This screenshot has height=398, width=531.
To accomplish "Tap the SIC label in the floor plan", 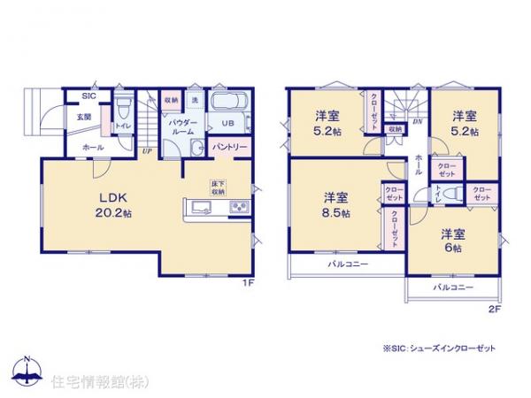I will [89, 96].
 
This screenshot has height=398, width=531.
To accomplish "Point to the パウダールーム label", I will [182, 127].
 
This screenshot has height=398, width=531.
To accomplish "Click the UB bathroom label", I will [227, 123].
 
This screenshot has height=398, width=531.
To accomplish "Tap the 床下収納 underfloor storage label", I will [217, 187].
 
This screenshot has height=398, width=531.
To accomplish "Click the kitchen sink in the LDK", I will [197, 209].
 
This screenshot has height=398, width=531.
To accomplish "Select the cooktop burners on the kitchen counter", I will [239, 209].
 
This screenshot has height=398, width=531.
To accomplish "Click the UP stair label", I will [147, 151].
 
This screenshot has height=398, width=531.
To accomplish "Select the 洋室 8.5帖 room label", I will [335, 206].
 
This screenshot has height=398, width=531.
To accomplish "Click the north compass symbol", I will [29, 371].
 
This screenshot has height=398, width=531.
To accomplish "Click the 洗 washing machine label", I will [196, 100].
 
